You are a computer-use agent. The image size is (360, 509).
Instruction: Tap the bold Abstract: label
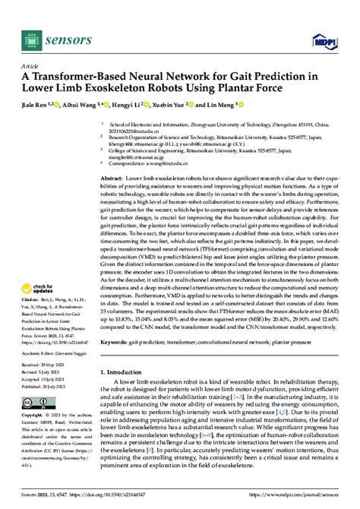(112, 176)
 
